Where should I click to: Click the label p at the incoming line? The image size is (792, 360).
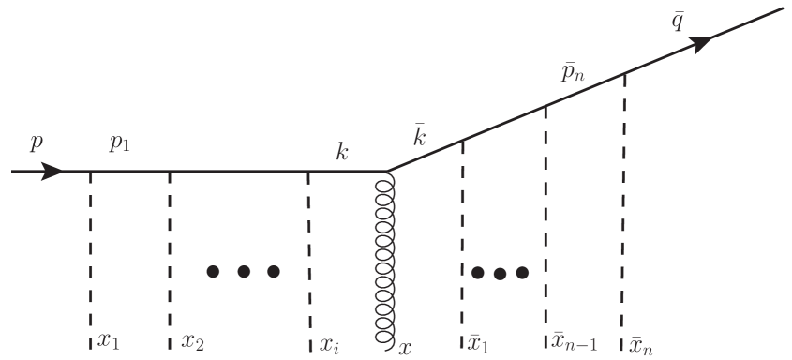[x=37, y=143]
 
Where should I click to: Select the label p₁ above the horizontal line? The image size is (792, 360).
[x=120, y=143]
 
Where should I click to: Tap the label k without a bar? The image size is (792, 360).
[x=343, y=150]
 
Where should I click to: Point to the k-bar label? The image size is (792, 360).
[x=420, y=135]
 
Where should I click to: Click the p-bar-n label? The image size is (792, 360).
[x=573, y=72]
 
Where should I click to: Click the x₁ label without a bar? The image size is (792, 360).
[x=109, y=341]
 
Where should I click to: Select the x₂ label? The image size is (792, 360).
[x=193, y=341]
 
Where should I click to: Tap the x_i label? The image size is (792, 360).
[x=329, y=343]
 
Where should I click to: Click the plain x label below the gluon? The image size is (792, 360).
[x=405, y=347]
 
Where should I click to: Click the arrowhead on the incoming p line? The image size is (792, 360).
[x=51, y=172]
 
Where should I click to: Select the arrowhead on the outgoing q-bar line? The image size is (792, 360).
[x=700, y=42]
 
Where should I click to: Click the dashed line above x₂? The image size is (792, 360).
[x=170, y=253]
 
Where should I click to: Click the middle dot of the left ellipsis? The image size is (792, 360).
[x=243, y=272]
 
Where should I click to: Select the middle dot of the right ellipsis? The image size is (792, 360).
[x=501, y=274]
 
